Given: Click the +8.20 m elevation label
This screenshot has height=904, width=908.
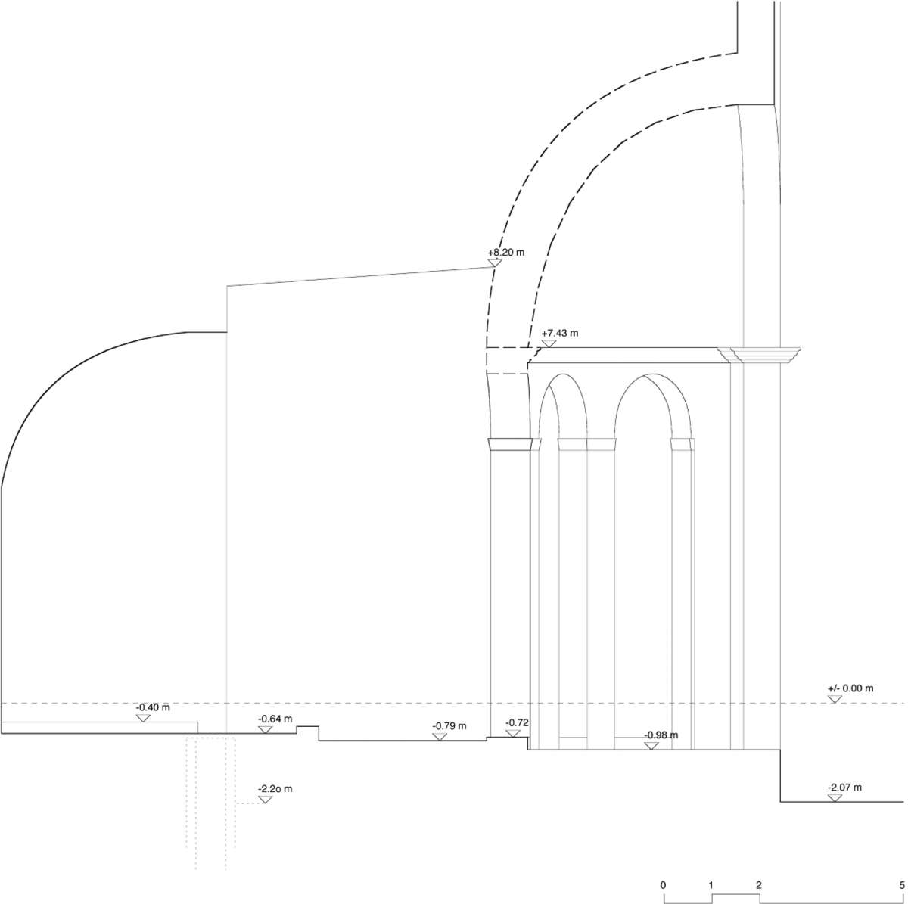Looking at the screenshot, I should [505, 253].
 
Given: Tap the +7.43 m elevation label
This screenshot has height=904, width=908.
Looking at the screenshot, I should [559, 333].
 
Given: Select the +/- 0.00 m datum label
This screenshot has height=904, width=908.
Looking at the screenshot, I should [850, 688].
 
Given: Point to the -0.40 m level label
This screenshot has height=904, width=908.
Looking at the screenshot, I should [152, 708].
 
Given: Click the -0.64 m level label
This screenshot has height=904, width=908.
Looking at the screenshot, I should [275, 719].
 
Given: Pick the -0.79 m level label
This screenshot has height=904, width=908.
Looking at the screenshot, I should [449, 726].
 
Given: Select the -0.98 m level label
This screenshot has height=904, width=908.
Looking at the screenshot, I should [661, 735].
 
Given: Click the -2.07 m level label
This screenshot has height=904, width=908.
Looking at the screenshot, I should [844, 788].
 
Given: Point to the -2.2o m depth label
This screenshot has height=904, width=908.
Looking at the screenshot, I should [275, 789].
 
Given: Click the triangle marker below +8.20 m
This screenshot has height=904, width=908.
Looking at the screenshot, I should [495, 263].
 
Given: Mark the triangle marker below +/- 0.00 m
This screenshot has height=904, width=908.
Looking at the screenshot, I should [835, 699].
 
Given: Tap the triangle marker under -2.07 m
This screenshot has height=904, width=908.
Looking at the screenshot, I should [835, 798].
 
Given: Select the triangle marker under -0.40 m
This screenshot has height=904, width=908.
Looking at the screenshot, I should [143, 718].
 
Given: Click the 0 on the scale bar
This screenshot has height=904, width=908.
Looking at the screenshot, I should [663, 884].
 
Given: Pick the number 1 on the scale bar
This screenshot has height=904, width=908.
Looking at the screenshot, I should [711, 884].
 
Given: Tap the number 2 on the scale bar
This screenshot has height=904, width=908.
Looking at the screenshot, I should [758, 884].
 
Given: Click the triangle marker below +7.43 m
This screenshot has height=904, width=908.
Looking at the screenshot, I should [549, 343].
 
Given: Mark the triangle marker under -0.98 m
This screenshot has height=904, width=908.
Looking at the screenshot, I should [651, 745].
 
